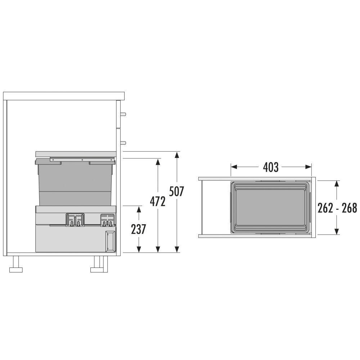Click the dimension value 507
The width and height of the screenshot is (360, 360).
point(176,192)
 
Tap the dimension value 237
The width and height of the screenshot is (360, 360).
point(139,229)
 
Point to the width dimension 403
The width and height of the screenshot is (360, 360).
point(271,167)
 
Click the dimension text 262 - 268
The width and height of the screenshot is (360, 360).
point(337,208)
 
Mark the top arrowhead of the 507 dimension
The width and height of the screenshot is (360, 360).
point(176,155)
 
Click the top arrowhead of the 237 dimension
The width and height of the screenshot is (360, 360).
point(139,210)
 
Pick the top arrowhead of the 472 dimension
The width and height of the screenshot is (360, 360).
point(158,162)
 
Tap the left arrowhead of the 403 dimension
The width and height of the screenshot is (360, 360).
point(234,167)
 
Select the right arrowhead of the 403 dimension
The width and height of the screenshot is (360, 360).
point(308,167)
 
